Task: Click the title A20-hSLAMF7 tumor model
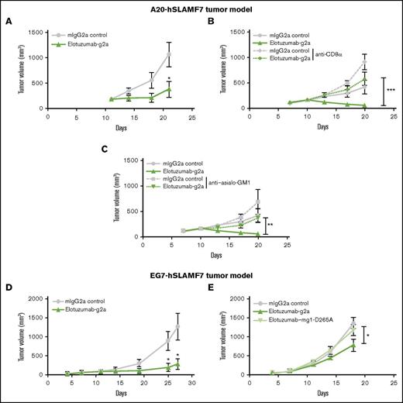pos(201,6)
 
